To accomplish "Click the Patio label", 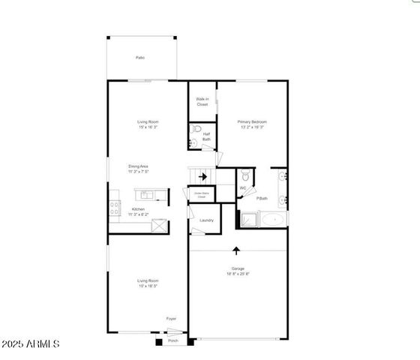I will tap(139, 58).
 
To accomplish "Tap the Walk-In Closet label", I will tap(202, 101).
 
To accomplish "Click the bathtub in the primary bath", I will tap(272, 220).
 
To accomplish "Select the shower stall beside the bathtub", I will tap(247, 220).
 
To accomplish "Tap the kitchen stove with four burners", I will tap(115, 208).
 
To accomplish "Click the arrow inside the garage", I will tap(237, 250).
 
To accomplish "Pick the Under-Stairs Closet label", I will tap(202, 195).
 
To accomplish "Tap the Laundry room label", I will tap(207, 220).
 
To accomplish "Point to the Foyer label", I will tap(172, 318).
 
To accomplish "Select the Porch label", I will tap(172, 340).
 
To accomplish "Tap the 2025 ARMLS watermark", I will tap(31, 344).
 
